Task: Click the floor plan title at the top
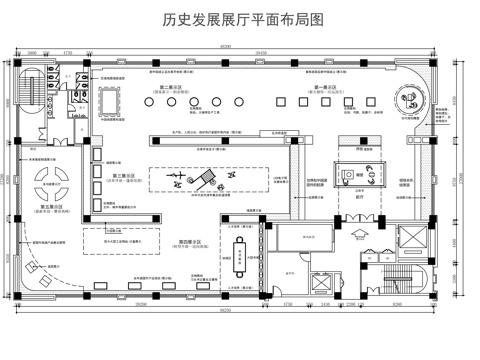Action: pyautogui.click(x=241, y=21)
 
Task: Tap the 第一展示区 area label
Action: pyautogui.click(x=328, y=88)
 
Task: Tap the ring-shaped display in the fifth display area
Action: pyautogui.click(x=48, y=182)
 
